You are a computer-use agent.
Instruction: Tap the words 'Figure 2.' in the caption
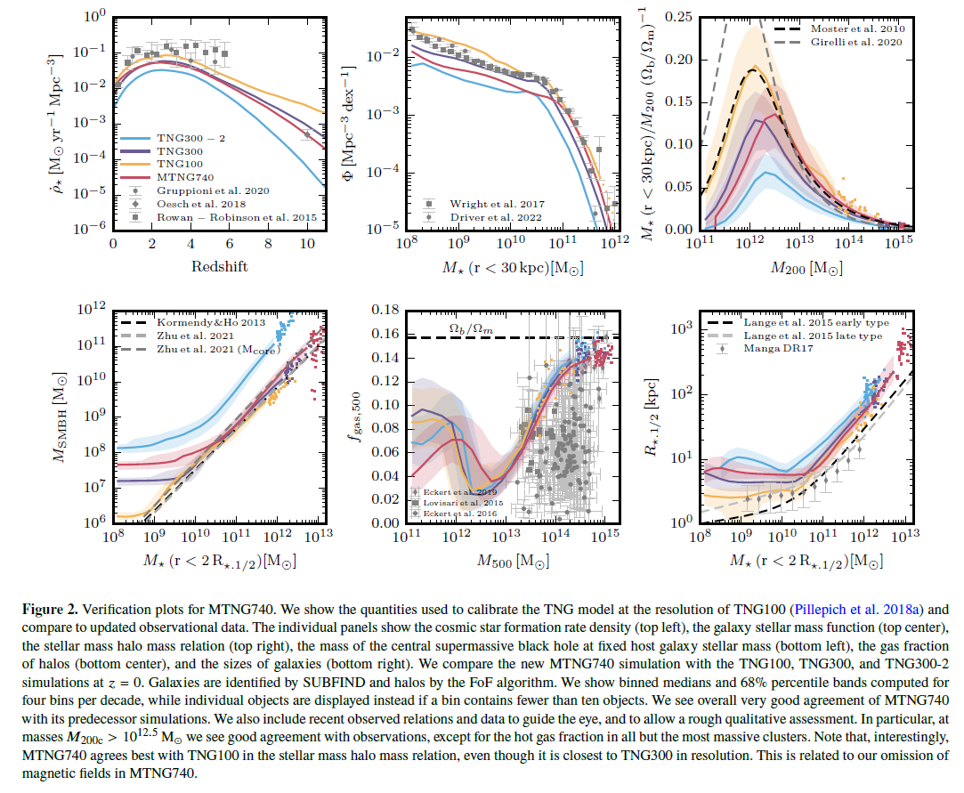50,611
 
